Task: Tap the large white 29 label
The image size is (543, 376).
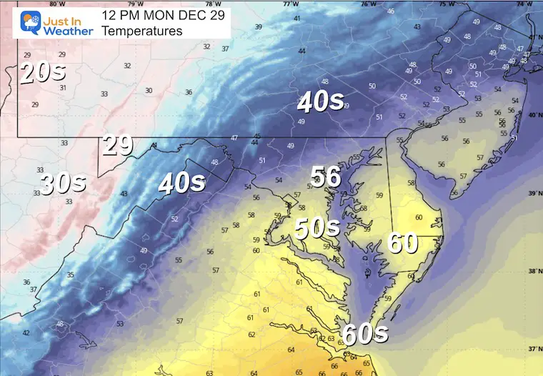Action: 117,146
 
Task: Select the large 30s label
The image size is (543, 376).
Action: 64,184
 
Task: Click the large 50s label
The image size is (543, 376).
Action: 317,228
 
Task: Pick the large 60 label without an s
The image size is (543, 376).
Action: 403,242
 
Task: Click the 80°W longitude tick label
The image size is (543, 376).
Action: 53,4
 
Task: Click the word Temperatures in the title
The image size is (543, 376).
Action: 141,31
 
